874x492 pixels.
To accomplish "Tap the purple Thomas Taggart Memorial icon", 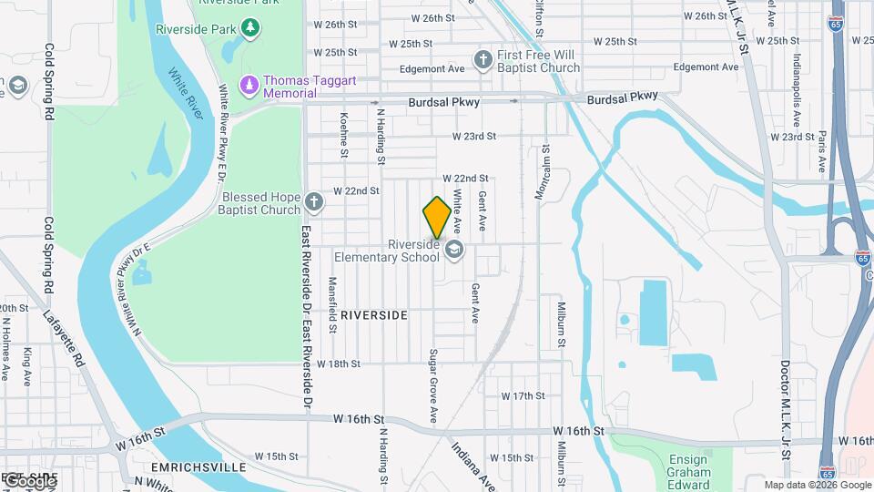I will tap(249, 86).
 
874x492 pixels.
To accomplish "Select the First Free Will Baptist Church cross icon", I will tap(483, 61).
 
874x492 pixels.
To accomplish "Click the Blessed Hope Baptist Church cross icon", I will tap(313, 201).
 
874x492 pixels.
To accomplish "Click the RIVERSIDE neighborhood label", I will tap(374, 314).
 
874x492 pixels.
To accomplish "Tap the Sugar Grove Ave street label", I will tap(434, 384).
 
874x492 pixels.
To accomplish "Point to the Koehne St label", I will tap(344, 134).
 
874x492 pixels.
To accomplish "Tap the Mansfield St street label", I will tap(332, 302).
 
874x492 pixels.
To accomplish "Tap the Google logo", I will tap(29, 479).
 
